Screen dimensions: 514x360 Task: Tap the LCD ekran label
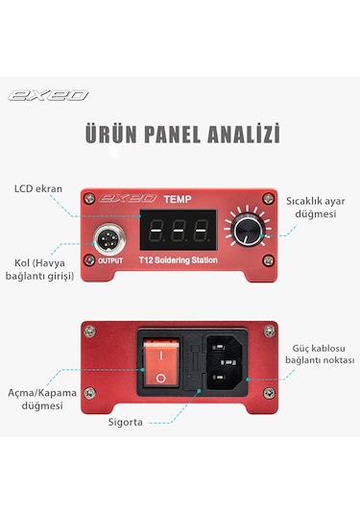click(37, 188)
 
